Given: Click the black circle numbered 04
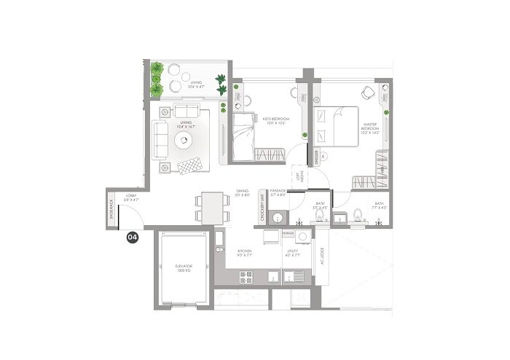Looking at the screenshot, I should (133, 237).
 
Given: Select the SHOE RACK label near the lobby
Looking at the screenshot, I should (111, 209).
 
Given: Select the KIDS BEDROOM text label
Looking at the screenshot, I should (276, 120).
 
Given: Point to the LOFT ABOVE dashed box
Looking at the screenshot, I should (298, 177).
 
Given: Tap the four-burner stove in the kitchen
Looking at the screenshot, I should (246, 276).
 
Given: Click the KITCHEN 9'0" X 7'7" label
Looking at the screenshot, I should (244, 253).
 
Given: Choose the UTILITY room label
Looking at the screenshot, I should (292, 253).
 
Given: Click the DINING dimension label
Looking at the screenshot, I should (243, 193).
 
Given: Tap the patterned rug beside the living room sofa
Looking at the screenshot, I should (189, 165).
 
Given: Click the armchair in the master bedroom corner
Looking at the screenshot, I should (369, 93).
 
